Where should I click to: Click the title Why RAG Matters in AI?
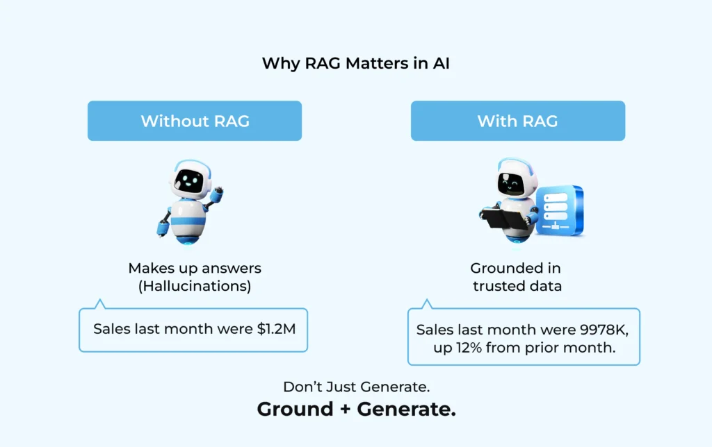click(x=355, y=64)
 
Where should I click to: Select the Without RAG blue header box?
click(x=195, y=121)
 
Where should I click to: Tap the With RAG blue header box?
click(x=517, y=121)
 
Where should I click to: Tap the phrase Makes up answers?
click(x=195, y=268)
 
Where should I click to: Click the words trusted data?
click(x=516, y=286)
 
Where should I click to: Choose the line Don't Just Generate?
click(x=356, y=387)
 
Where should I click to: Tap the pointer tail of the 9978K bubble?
click(x=427, y=304)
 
